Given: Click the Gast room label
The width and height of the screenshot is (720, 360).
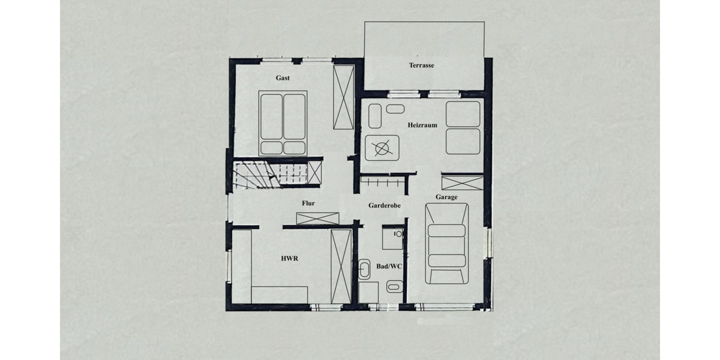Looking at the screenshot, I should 283,78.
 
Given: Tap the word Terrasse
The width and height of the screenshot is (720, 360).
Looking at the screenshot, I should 422,65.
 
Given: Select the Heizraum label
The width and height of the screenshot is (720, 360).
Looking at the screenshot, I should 422,125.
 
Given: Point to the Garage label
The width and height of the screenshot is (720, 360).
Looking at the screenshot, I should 446,197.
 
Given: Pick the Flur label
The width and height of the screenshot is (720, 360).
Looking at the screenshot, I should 308,203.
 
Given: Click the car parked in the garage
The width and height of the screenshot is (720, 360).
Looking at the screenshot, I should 446,243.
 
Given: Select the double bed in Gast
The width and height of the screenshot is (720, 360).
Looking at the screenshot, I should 283,123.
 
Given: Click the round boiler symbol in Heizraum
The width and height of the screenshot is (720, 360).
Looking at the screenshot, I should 382,147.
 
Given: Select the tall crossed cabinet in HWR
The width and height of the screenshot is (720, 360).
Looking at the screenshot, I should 341,266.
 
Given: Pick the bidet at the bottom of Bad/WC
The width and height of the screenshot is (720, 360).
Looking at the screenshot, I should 394,287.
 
